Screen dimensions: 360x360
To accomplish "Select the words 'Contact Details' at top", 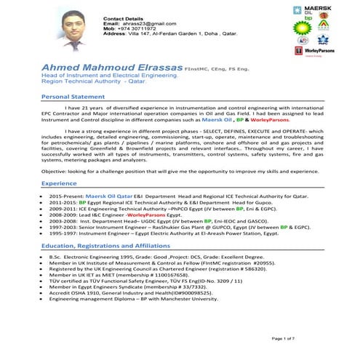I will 124,17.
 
